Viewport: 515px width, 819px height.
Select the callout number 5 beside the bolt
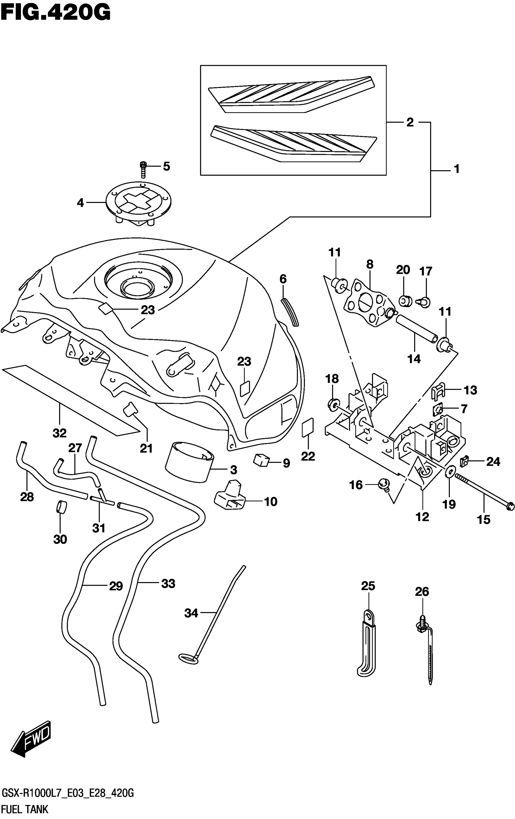(x=166, y=166)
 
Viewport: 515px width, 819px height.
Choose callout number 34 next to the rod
(x=191, y=613)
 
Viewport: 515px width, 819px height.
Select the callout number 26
(x=422, y=591)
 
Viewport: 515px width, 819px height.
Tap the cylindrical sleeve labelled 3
(x=190, y=461)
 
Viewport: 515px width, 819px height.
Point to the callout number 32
(x=59, y=433)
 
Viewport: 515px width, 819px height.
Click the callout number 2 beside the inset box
(x=410, y=123)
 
